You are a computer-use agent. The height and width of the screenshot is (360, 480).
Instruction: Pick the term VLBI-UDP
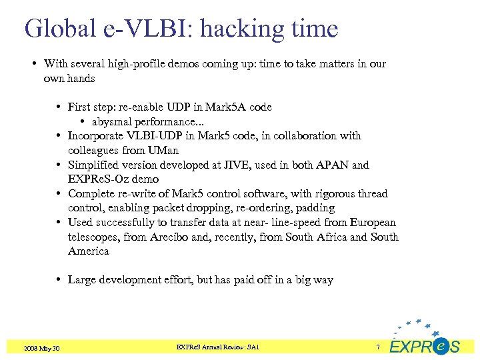[150, 136]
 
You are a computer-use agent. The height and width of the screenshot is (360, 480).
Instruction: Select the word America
[88, 251]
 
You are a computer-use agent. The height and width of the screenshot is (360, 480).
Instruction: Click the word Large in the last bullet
[81, 280]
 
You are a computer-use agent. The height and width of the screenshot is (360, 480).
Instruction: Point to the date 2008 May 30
[41, 348]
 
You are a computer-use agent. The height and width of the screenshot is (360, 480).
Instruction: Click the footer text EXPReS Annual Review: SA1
[218, 347]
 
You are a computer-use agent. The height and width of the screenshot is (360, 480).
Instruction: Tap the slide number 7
[378, 347]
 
